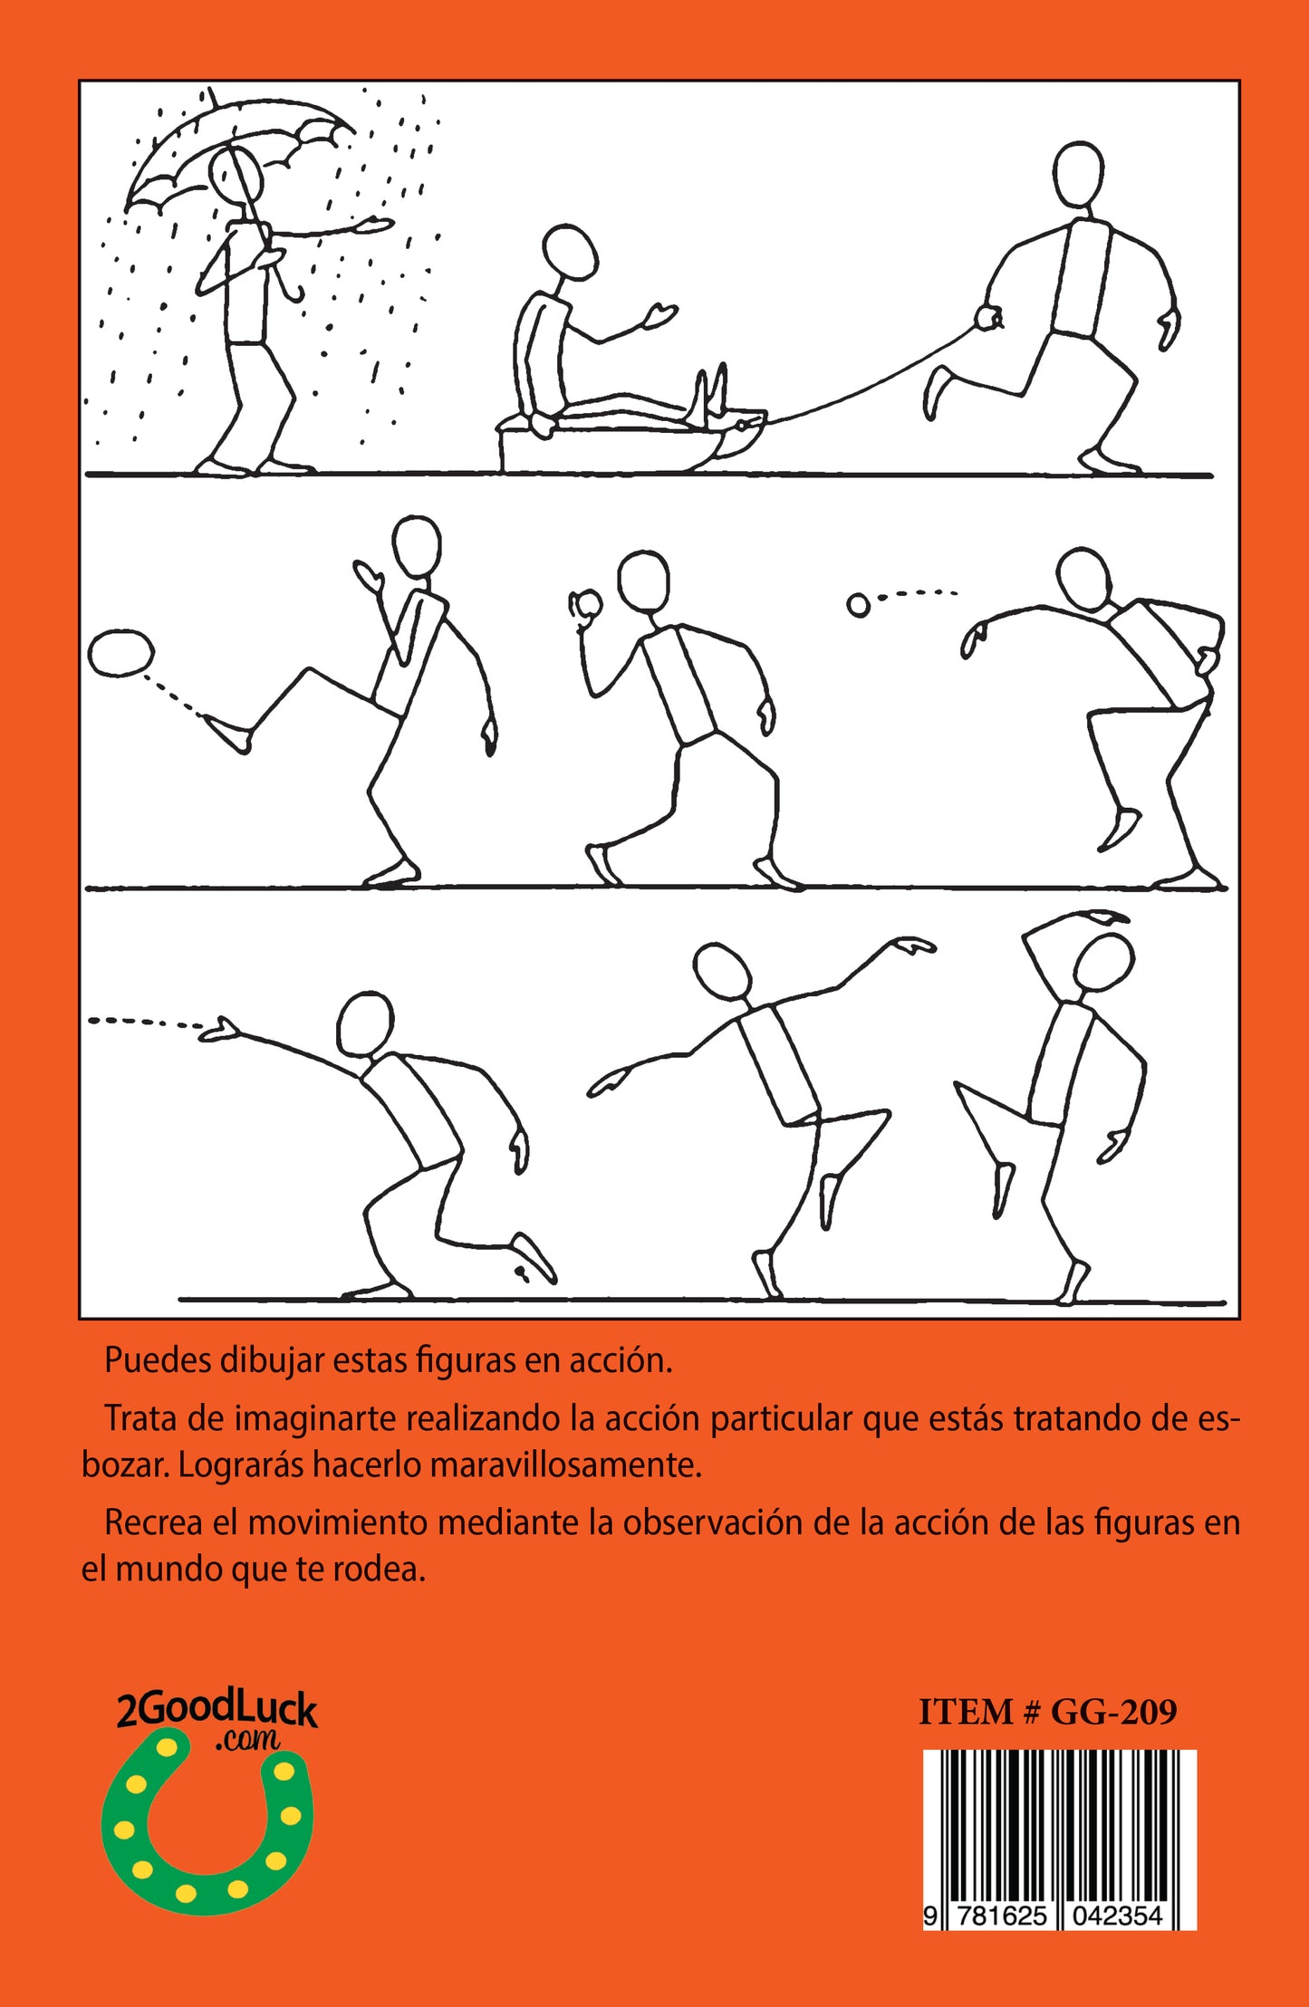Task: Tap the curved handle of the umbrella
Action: [292, 288]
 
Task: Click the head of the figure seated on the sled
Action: [569, 253]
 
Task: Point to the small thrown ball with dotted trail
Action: [858, 605]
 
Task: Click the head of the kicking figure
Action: [417, 545]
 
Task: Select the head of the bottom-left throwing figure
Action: [365, 1024]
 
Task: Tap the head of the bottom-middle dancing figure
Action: [721, 972]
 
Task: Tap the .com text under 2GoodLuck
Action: [247, 1739]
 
